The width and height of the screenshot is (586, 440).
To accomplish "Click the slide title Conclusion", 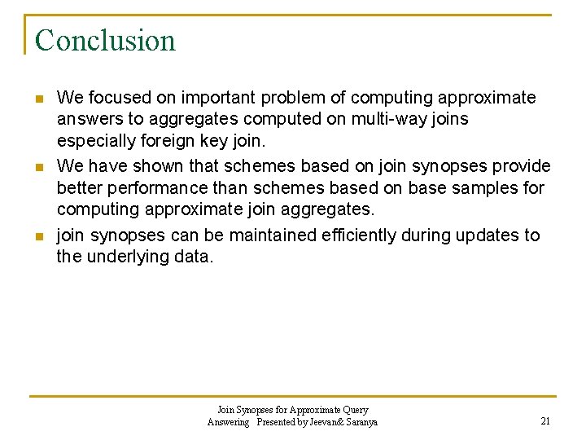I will coord(105,40).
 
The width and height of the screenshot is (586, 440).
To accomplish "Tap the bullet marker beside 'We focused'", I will coord(38,99).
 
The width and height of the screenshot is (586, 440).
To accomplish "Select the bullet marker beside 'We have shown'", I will coord(38,167).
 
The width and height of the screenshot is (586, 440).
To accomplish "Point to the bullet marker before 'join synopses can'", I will coord(38,236).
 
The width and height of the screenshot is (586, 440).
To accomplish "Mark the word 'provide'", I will coord(521,166).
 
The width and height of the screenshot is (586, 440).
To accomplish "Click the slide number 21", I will coord(545,421).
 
